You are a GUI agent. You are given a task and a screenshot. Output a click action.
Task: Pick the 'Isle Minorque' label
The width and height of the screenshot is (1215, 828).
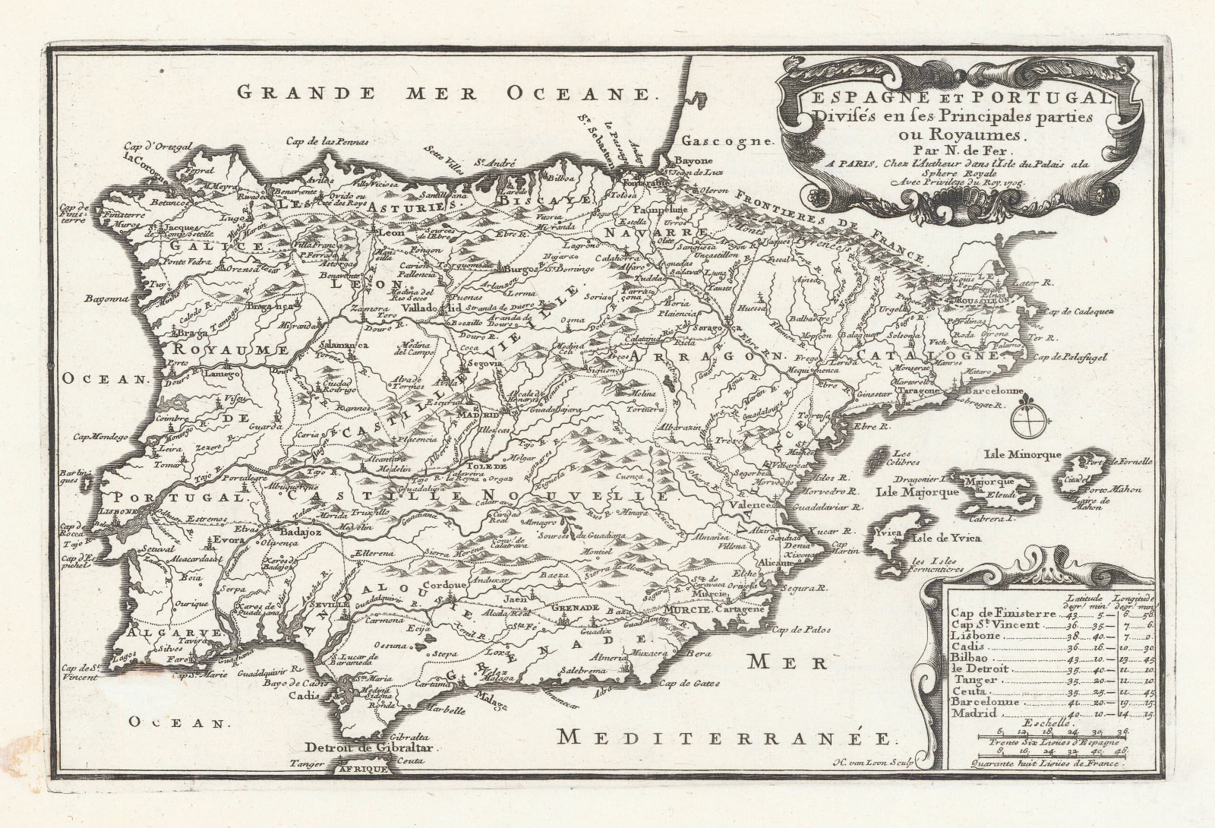pyautogui.click(x=1021, y=455)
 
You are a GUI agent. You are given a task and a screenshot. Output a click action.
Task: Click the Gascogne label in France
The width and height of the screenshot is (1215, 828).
pyautogui.click(x=726, y=141)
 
